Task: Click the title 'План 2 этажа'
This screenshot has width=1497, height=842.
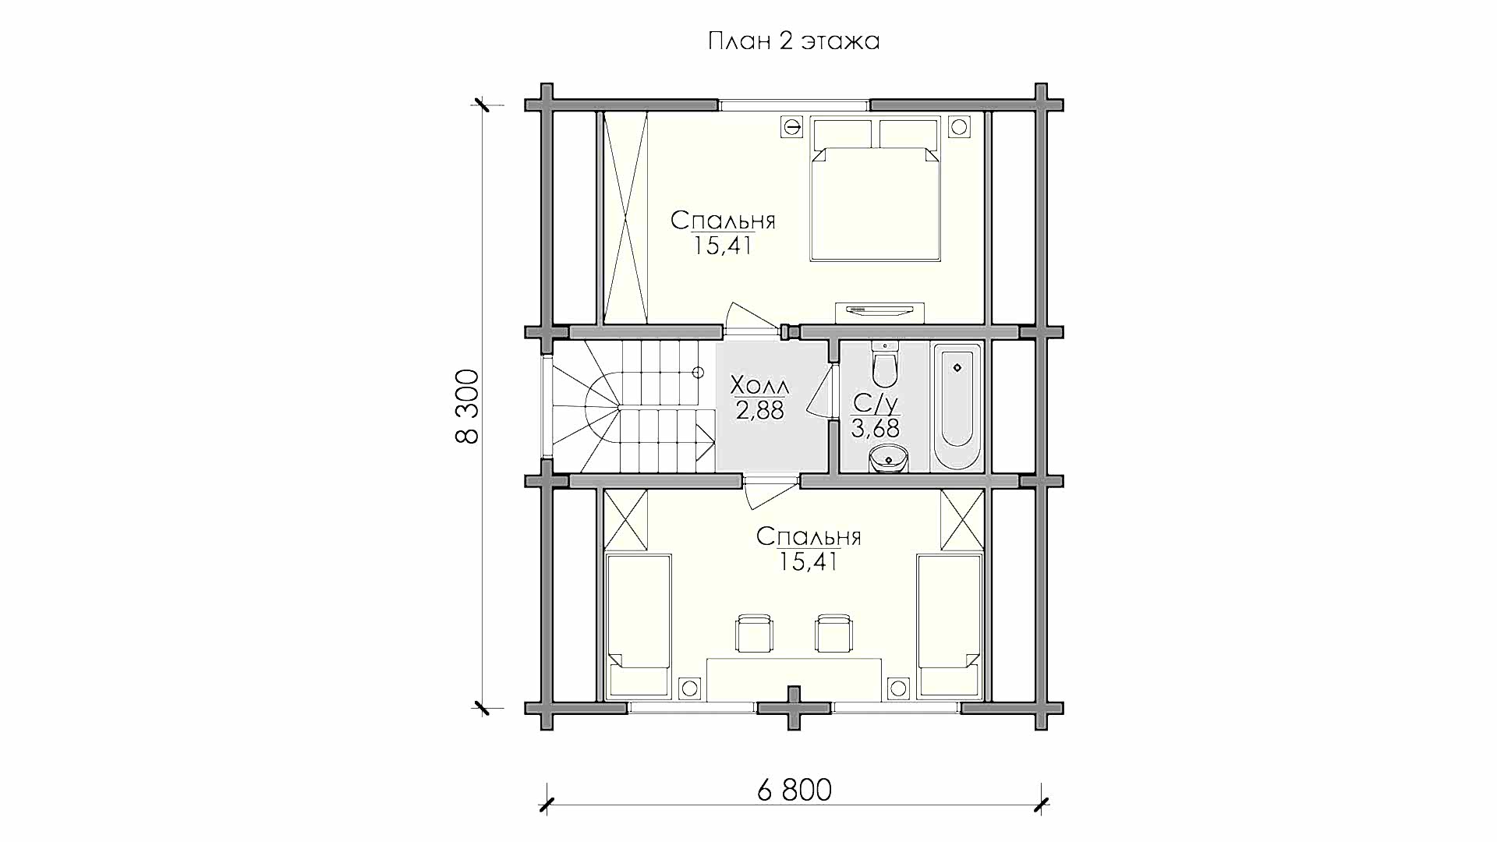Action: (x=794, y=41)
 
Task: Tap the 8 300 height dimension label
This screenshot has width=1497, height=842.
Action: (x=467, y=406)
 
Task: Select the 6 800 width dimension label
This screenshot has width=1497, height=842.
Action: (x=794, y=791)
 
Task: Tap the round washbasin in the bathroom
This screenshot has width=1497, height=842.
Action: (x=888, y=458)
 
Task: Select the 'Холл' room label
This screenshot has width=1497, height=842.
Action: (x=759, y=385)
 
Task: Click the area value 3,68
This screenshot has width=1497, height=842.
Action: (x=875, y=428)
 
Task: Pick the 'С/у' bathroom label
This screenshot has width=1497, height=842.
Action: (x=876, y=403)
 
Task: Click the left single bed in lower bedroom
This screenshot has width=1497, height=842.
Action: (x=639, y=625)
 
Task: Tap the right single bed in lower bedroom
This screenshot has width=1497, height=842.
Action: (x=949, y=625)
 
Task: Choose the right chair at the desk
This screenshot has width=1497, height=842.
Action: (x=833, y=633)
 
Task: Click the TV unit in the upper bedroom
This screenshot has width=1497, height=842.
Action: (x=879, y=312)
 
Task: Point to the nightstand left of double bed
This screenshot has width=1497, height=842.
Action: (x=793, y=127)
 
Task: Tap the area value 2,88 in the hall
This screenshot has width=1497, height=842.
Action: (x=760, y=410)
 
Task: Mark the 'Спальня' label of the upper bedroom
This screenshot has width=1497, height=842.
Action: (x=723, y=221)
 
